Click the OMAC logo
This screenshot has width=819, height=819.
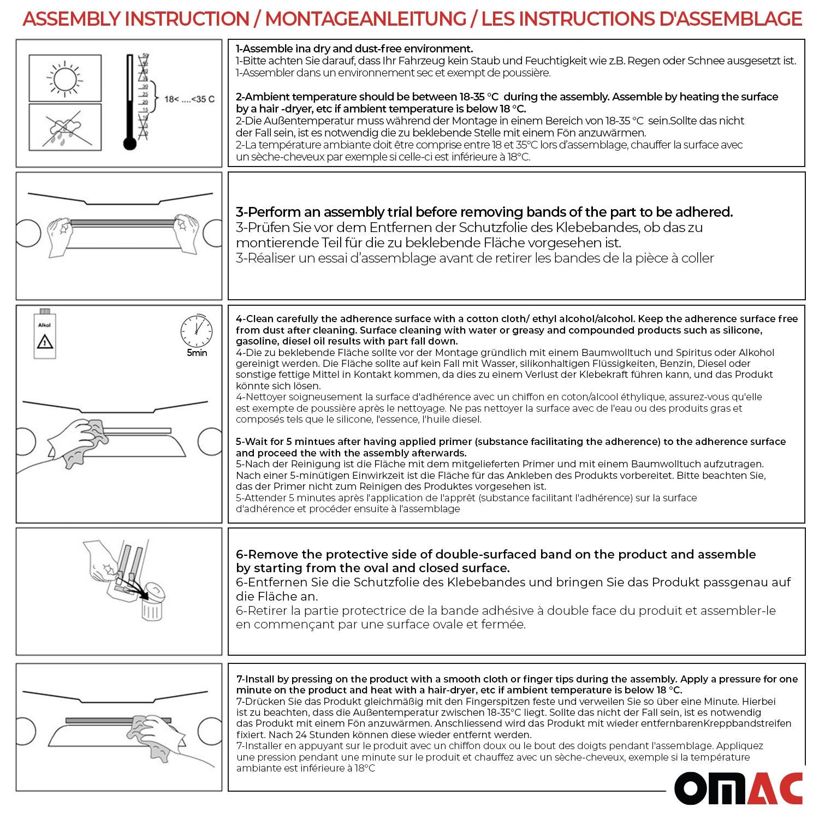click(x=738, y=788)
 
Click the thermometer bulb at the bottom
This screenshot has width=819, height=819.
click(x=129, y=144)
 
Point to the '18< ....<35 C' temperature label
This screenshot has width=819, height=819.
click(x=189, y=99)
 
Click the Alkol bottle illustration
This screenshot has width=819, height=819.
click(x=45, y=334)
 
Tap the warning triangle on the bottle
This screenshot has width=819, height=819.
click(x=45, y=342)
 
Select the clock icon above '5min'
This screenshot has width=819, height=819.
click(x=197, y=330)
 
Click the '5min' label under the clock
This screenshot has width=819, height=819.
click(x=197, y=353)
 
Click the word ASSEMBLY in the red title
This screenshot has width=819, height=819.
click(x=71, y=19)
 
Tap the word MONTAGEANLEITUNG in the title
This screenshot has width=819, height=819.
click(x=365, y=19)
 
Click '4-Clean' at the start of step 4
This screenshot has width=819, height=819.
click(x=254, y=318)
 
